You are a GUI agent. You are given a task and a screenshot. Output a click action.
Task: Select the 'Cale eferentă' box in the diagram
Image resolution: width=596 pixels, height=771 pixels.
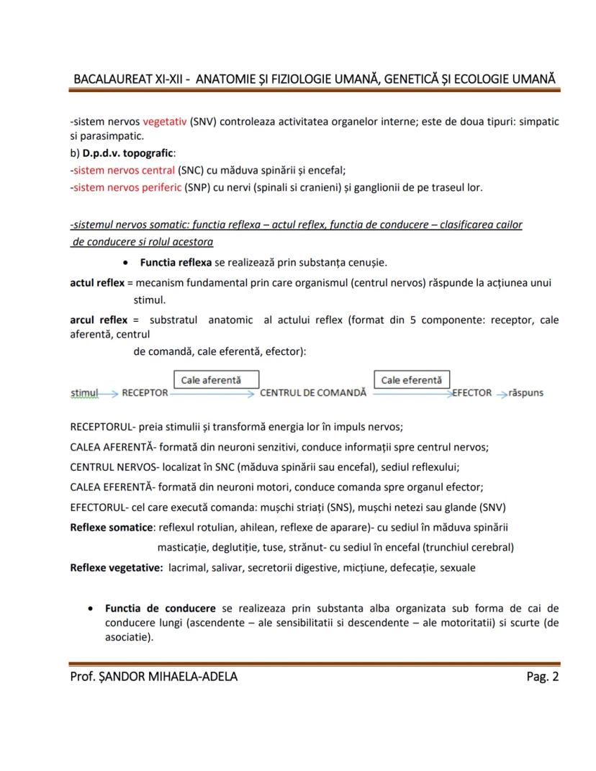pos(411,379)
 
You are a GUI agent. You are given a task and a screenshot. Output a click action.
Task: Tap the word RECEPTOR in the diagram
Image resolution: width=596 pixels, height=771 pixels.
pos(145,393)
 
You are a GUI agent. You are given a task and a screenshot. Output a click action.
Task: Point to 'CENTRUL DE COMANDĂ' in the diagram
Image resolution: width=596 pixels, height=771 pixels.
pos(312,393)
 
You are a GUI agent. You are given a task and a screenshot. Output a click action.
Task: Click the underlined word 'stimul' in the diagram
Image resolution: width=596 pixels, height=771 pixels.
pos(84,393)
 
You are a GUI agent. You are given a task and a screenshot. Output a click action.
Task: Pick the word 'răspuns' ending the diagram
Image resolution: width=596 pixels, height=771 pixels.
pos(525,393)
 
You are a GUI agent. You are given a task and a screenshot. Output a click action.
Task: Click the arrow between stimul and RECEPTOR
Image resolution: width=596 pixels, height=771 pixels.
pos(109,394)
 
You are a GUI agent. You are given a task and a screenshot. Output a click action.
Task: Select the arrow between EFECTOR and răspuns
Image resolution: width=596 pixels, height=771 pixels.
pos(501,394)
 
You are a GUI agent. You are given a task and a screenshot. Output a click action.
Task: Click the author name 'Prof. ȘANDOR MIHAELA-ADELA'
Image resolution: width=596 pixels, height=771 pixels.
pos(153,676)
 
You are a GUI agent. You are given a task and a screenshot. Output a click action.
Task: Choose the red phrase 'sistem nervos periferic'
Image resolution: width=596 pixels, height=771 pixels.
pos(127,188)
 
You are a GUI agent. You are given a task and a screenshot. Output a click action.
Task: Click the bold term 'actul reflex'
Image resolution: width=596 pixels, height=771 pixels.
pos(97,283)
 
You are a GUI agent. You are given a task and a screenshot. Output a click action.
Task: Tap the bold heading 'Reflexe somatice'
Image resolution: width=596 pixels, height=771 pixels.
pos(112,527)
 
